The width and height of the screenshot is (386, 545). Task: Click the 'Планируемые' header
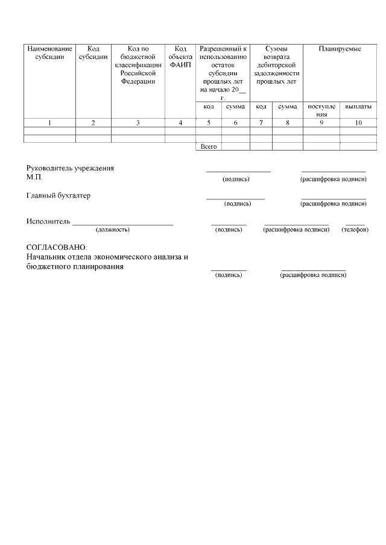(x=340, y=49)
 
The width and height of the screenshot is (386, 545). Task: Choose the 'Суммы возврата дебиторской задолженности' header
(x=276, y=65)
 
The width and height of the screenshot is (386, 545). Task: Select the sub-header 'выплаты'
(x=358, y=107)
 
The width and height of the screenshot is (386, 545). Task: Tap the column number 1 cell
(x=49, y=123)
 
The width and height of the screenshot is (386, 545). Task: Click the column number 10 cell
(x=358, y=123)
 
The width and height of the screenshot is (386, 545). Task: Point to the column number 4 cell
(x=180, y=123)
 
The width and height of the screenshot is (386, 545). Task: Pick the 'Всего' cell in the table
(x=208, y=146)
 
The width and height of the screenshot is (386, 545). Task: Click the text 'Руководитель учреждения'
(x=70, y=168)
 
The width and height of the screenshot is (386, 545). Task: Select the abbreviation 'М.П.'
(x=34, y=177)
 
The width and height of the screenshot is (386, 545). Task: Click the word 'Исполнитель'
(x=48, y=221)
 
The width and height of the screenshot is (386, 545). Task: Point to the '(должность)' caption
(x=113, y=229)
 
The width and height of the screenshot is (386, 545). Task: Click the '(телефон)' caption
(x=355, y=229)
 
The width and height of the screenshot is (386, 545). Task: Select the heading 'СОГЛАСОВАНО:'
(x=57, y=248)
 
